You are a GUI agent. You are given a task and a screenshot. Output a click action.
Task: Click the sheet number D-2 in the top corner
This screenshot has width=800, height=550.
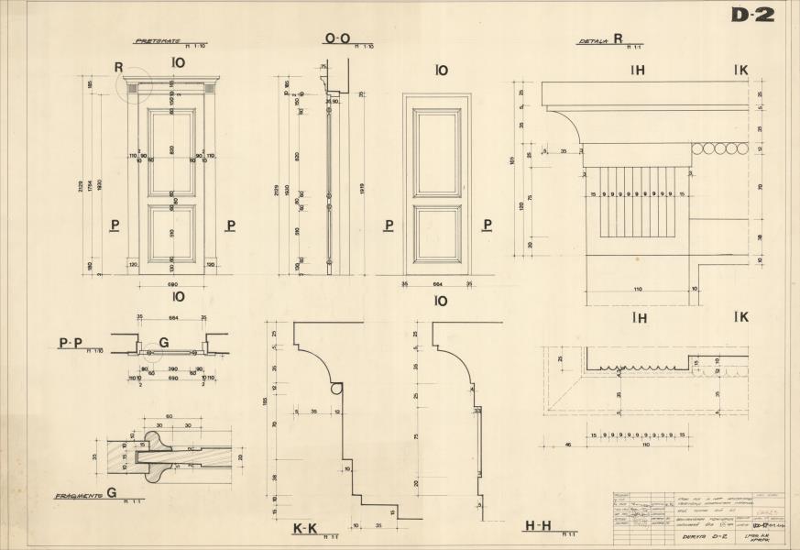(x=752, y=15)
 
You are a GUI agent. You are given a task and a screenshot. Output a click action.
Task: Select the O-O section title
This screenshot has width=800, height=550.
(x=337, y=38)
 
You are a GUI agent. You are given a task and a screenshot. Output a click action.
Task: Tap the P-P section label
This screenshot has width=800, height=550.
(x=69, y=343)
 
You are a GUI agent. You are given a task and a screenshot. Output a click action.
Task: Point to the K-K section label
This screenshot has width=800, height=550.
(x=303, y=529)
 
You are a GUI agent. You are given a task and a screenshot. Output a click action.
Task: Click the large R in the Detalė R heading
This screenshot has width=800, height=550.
(x=619, y=39)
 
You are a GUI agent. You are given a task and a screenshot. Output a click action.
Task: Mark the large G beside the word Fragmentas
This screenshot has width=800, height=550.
(x=111, y=493)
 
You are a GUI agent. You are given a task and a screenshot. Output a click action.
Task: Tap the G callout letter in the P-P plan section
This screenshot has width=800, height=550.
(x=163, y=343)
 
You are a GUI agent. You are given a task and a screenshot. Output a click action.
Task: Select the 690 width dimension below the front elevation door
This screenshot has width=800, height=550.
(x=172, y=285)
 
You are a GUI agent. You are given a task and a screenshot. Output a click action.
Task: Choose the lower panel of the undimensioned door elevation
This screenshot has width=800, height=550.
(x=437, y=236)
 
